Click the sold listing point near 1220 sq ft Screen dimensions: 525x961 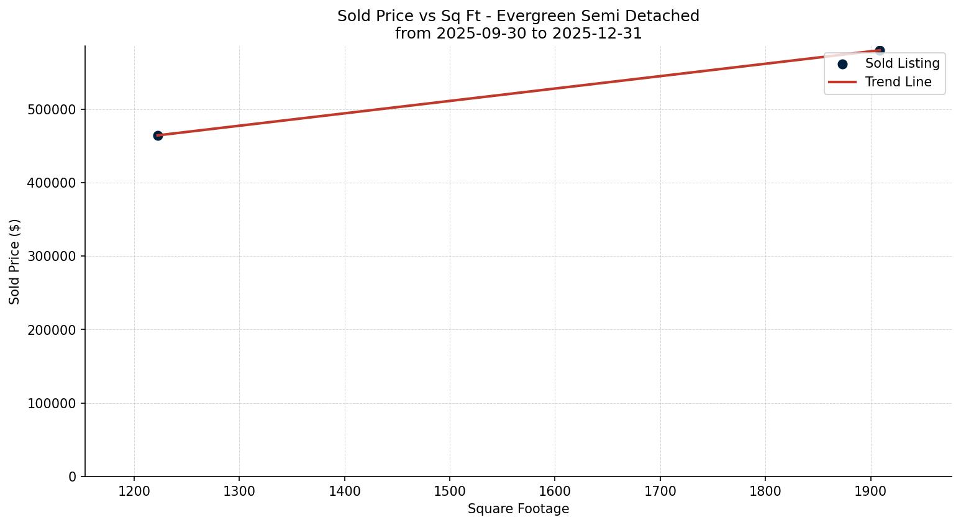pyautogui.click(x=158, y=135)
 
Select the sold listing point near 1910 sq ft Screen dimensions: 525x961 pyautogui.click(x=880, y=50)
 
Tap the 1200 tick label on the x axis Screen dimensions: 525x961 pyautogui.click(x=134, y=491)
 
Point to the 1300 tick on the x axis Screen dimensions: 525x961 pyautogui.click(x=239, y=491)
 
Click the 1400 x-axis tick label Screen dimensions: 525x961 pyautogui.click(x=345, y=491)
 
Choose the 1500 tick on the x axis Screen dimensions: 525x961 pyautogui.click(x=450, y=491)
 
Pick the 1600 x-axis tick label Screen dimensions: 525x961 pyautogui.click(x=555, y=491)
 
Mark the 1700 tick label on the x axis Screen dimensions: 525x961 pyautogui.click(x=660, y=491)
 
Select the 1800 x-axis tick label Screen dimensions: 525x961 pyautogui.click(x=765, y=491)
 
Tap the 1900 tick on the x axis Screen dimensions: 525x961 pyautogui.click(x=870, y=491)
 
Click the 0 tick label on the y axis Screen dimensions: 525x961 pyautogui.click(x=73, y=477)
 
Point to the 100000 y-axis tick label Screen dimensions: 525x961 pyautogui.click(x=52, y=404)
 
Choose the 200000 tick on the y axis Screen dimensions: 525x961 pyautogui.click(x=52, y=330)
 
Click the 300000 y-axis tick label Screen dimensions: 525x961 pyautogui.click(x=52, y=257)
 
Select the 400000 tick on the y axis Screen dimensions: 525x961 pyautogui.click(x=52, y=183)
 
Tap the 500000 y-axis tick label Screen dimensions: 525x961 pyautogui.click(x=52, y=110)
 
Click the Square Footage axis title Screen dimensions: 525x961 pyautogui.click(x=518, y=509)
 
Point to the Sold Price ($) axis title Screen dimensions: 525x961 pyautogui.click(x=15, y=262)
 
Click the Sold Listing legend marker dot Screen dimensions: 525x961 pyautogui.click(x=842, y=64)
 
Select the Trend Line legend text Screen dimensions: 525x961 pyautogui.click(x=898, y=82)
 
